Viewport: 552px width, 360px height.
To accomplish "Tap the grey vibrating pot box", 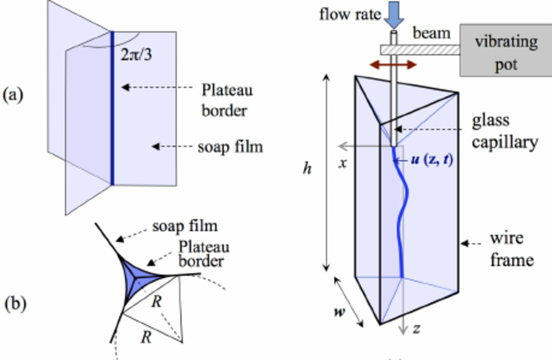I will point(505,51).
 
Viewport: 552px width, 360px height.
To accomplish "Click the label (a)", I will point(14,96).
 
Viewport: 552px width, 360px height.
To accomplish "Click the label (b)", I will point(14,303).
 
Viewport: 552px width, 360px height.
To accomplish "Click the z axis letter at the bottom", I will point(417,329).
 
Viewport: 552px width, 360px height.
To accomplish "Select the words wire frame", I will point(510,250).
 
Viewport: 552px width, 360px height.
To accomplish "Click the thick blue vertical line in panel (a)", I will point(112,107).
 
